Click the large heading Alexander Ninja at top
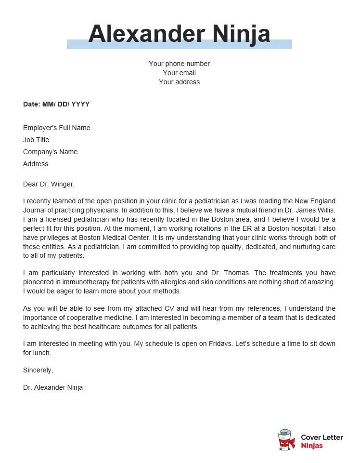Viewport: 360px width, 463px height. tap(179, 34)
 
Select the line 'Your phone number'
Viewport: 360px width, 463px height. tap(179, 64)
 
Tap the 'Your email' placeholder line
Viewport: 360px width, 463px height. tap(179, 73)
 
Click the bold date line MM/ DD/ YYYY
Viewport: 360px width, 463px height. tap(56, 104)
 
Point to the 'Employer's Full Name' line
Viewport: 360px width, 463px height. tap(56, 128)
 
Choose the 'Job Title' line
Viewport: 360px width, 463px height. tap(36, 140)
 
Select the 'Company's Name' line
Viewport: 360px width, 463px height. tap(50, 152)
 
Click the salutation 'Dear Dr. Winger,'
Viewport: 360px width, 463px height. tap(49, 184)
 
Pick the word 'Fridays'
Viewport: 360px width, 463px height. tap(190, 344)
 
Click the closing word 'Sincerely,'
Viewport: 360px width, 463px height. tap(38, 370)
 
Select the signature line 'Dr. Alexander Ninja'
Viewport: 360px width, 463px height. tap(53, 387)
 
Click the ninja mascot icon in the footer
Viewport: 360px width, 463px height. tap(286, 440)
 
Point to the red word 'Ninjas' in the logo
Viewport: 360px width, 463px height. tap(312, 446)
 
